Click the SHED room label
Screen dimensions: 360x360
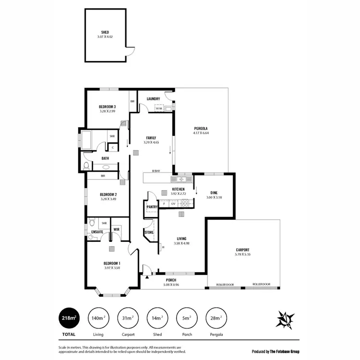coord(105,32)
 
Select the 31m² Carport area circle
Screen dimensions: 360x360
coord(127,318)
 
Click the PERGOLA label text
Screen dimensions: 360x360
coord(201,128)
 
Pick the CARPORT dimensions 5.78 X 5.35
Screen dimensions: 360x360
coord(243,254)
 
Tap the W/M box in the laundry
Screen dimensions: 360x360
coord(159,109)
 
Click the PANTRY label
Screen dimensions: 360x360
coord(152,207)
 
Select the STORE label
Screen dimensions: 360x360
coord(149,233)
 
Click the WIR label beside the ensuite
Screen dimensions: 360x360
coord(116,229)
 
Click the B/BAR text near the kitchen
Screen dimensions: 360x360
coord(156,171)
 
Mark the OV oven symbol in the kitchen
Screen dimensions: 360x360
coord(173,204)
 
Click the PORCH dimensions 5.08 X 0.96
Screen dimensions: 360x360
coord(170,284)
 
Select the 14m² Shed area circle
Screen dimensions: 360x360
coord(157,318)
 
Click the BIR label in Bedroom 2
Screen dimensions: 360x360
coord(103,176)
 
